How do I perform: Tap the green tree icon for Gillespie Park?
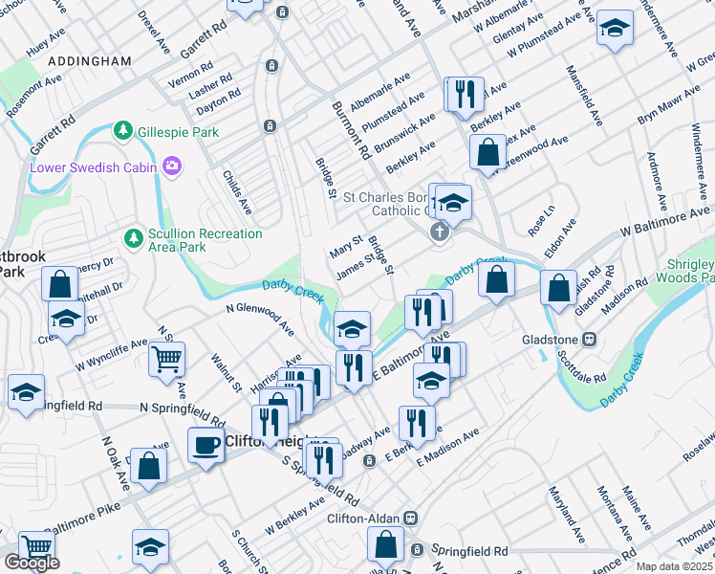(x=122, y=130)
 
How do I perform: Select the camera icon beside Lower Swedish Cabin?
(x=172, y=167)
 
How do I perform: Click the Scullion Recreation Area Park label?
(x=205, y=240)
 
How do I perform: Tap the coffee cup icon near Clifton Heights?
(x=205, y=445)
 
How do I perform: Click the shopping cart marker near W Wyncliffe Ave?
(x=166, y=360)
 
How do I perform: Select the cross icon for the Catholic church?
(x=440, y=232)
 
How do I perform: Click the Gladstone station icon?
(x=590, y=339)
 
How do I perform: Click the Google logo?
(x=31, y=563)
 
